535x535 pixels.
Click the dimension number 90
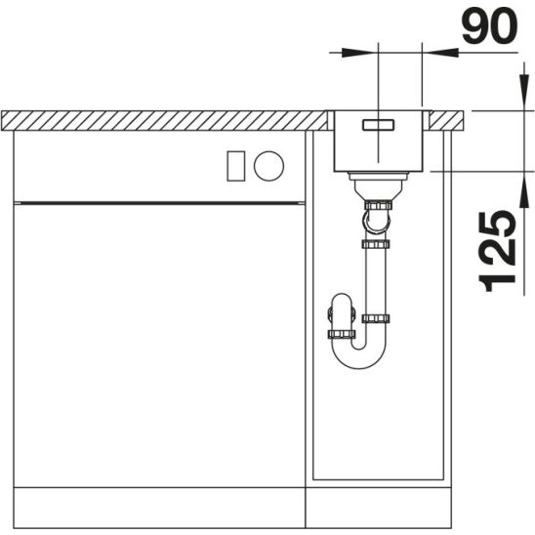click(x=489, y=25)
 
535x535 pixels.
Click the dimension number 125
click(x=497, y=251)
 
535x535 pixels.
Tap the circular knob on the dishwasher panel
click(x=268, y=166)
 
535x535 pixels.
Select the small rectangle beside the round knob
click(x=235, y=166)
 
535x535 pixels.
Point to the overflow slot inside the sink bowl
click(x=379, y=125)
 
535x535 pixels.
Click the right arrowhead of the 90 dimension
click(x=440, y=53)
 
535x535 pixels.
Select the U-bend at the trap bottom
click(x=359, y=358)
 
